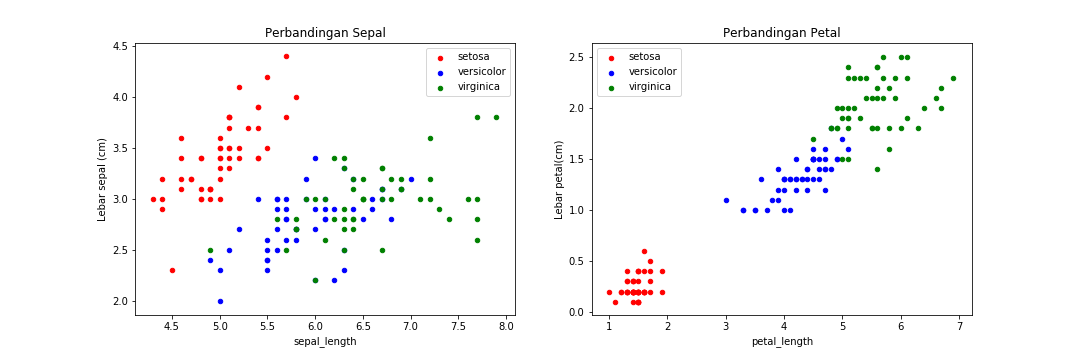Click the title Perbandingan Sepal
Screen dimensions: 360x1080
pos(325,33)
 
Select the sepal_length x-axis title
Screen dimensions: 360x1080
pos(325,341)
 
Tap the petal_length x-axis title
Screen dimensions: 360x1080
pos(781,341)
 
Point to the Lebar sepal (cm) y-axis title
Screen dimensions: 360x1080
pos(102,179)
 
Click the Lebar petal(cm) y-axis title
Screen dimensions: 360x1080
pos(560,179)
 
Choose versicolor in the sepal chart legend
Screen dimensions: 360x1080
pos(481,71)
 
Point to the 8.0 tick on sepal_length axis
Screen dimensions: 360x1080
pos(506,327)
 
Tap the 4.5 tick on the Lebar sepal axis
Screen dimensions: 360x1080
pos(120,46)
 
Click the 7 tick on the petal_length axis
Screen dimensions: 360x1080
pos(959,327)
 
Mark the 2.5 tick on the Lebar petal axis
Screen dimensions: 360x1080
pos(577,57)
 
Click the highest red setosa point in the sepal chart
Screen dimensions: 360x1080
pos(286,56)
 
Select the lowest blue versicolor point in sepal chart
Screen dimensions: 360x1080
pos(220,301)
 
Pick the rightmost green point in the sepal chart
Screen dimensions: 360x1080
pos(496,117)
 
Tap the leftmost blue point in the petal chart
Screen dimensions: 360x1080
pos(726,200)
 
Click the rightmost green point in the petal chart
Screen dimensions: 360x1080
pos(953,78)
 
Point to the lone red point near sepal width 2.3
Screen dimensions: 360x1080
pos(172,270)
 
